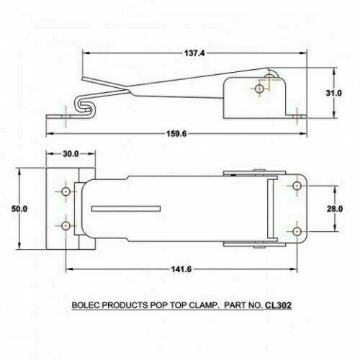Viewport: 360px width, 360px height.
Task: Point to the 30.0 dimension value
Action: click(x=69, y=153)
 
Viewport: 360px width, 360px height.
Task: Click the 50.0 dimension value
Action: click(x=19, y=209)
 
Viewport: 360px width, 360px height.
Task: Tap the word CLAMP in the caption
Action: click(x=204, y=305)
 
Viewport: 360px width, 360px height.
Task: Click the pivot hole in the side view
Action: click(x=259, y=89)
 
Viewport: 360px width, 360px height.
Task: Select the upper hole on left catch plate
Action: click(x=66, y=193)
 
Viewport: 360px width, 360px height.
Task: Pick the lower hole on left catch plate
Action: click(x=66, y=224)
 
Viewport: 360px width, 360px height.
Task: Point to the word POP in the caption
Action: click(x=160, y=305)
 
